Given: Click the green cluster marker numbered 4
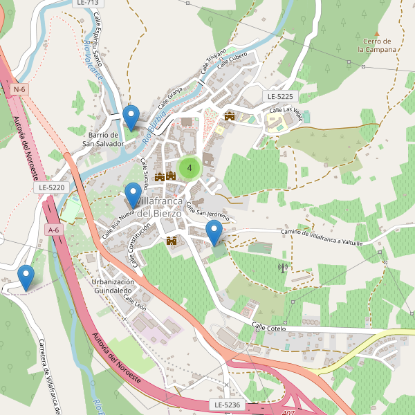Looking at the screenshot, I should tap(190, 167).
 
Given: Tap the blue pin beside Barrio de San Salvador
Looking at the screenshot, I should tap(131, 117).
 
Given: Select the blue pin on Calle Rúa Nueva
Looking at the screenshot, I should tap(133, 195).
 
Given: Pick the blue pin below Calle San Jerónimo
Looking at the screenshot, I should tap(215, 232).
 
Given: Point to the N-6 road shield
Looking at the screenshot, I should tap(19, 89).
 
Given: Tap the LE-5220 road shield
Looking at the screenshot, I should tap(52, 187).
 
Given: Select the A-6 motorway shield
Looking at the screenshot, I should tap(53, 229).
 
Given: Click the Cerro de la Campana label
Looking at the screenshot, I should tap(377, 46).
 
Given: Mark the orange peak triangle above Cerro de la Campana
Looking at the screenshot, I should tap(377, 33).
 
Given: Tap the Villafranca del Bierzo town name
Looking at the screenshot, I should tap(159, 207).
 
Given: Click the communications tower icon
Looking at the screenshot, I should tap(282, 267).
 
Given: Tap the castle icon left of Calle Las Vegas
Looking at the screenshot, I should tap(230, 116).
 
